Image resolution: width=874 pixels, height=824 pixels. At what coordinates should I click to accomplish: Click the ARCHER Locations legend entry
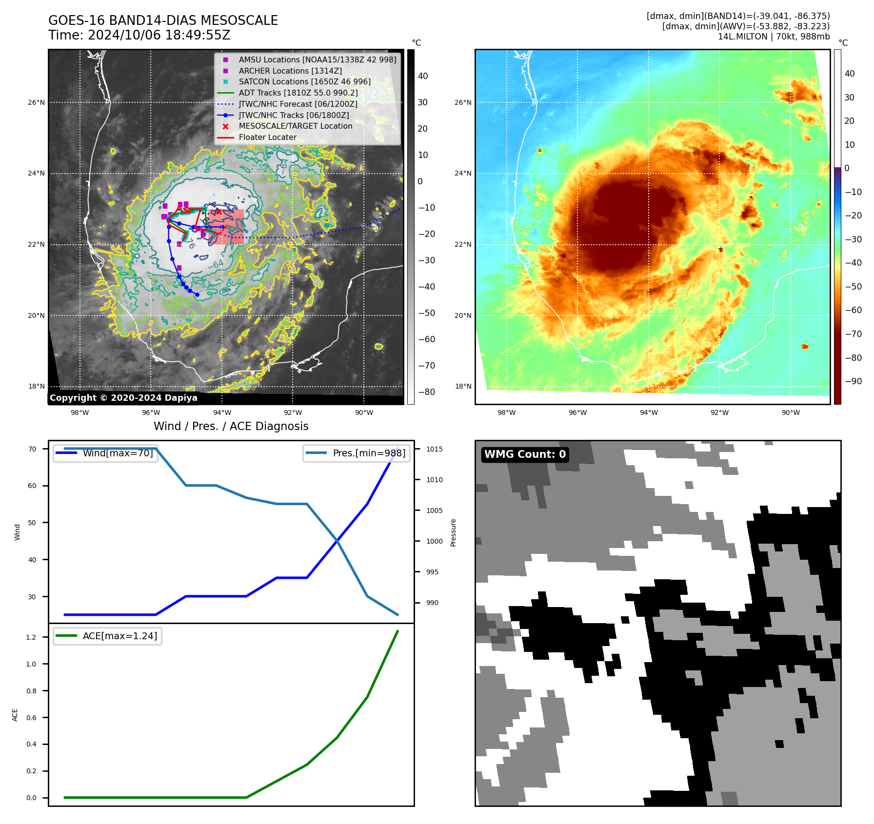290,71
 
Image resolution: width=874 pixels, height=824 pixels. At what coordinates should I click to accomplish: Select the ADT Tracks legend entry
298,93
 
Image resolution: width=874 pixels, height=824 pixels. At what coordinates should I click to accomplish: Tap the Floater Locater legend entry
267,137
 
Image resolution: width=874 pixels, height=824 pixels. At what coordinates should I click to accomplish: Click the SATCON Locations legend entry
304,81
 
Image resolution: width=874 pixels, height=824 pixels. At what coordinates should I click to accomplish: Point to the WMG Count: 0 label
525,454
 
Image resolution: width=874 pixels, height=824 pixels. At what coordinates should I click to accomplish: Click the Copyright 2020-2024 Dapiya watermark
123,398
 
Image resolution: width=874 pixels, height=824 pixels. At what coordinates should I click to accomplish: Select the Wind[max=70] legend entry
118,453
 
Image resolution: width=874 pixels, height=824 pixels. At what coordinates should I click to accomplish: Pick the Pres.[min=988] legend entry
369,453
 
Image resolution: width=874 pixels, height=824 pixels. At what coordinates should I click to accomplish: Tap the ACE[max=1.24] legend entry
119,636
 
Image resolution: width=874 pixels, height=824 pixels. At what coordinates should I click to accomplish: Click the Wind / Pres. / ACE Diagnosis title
231,426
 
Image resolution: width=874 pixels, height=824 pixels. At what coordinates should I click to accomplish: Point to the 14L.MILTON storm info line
774,37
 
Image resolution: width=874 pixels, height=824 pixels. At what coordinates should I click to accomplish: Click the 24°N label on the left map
36,173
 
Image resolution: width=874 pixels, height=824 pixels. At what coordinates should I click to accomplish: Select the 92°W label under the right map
719,412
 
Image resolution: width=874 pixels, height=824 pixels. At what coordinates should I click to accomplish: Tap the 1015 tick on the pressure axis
434,449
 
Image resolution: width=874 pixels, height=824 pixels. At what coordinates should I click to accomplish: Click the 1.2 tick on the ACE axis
31,637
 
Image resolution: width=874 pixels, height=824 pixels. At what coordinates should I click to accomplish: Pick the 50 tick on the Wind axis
32,523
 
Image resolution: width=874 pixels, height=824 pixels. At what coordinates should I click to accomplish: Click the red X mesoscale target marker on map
219,212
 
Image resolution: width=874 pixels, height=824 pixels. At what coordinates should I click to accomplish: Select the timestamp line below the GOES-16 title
139,35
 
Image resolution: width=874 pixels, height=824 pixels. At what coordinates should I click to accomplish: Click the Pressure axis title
453,532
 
